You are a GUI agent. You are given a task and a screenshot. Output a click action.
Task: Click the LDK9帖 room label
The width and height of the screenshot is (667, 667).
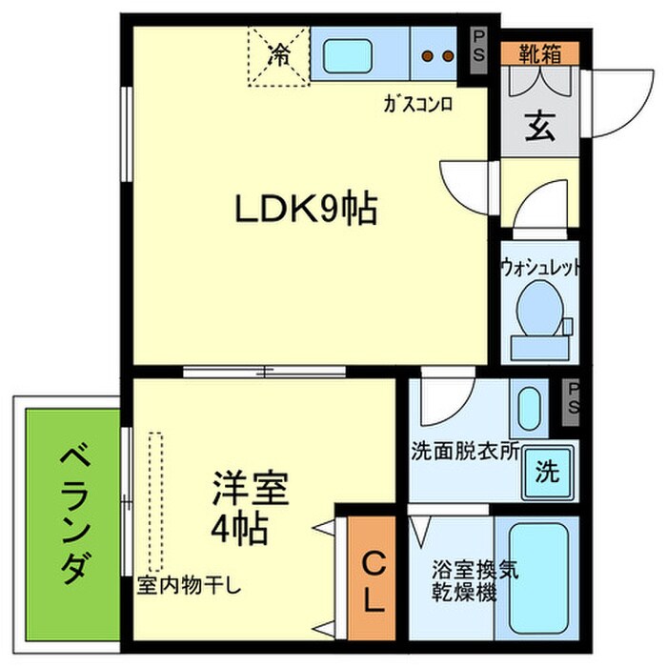[307, 209]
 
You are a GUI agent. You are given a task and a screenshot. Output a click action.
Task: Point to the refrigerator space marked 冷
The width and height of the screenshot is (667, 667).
[279, 55]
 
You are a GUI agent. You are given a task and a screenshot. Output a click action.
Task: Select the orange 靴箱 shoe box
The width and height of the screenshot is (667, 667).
[538, 54]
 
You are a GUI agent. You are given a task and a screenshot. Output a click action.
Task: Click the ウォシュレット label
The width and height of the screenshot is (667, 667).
[540, 269]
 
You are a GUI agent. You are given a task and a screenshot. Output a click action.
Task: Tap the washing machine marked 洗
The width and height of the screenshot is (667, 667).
[546, 471]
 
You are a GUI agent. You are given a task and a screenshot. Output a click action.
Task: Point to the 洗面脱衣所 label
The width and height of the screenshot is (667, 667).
[465, 451]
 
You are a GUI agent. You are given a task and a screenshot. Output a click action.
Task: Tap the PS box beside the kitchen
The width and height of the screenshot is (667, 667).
[478, 46]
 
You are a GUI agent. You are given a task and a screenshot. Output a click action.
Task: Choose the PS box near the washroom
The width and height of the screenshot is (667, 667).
[573, 397]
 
